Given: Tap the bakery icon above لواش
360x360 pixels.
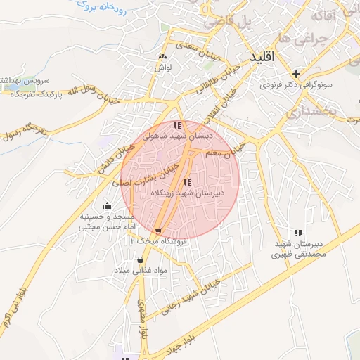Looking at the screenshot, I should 163,57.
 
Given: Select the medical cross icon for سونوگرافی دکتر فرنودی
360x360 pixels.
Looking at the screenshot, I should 296,73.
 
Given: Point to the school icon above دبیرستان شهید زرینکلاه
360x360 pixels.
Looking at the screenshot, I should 186,183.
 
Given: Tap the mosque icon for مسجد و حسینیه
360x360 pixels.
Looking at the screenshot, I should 106,206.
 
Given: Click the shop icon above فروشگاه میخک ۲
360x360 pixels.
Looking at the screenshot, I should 158,231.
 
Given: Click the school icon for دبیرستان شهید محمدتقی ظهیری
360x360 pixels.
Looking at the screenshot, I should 298,233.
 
